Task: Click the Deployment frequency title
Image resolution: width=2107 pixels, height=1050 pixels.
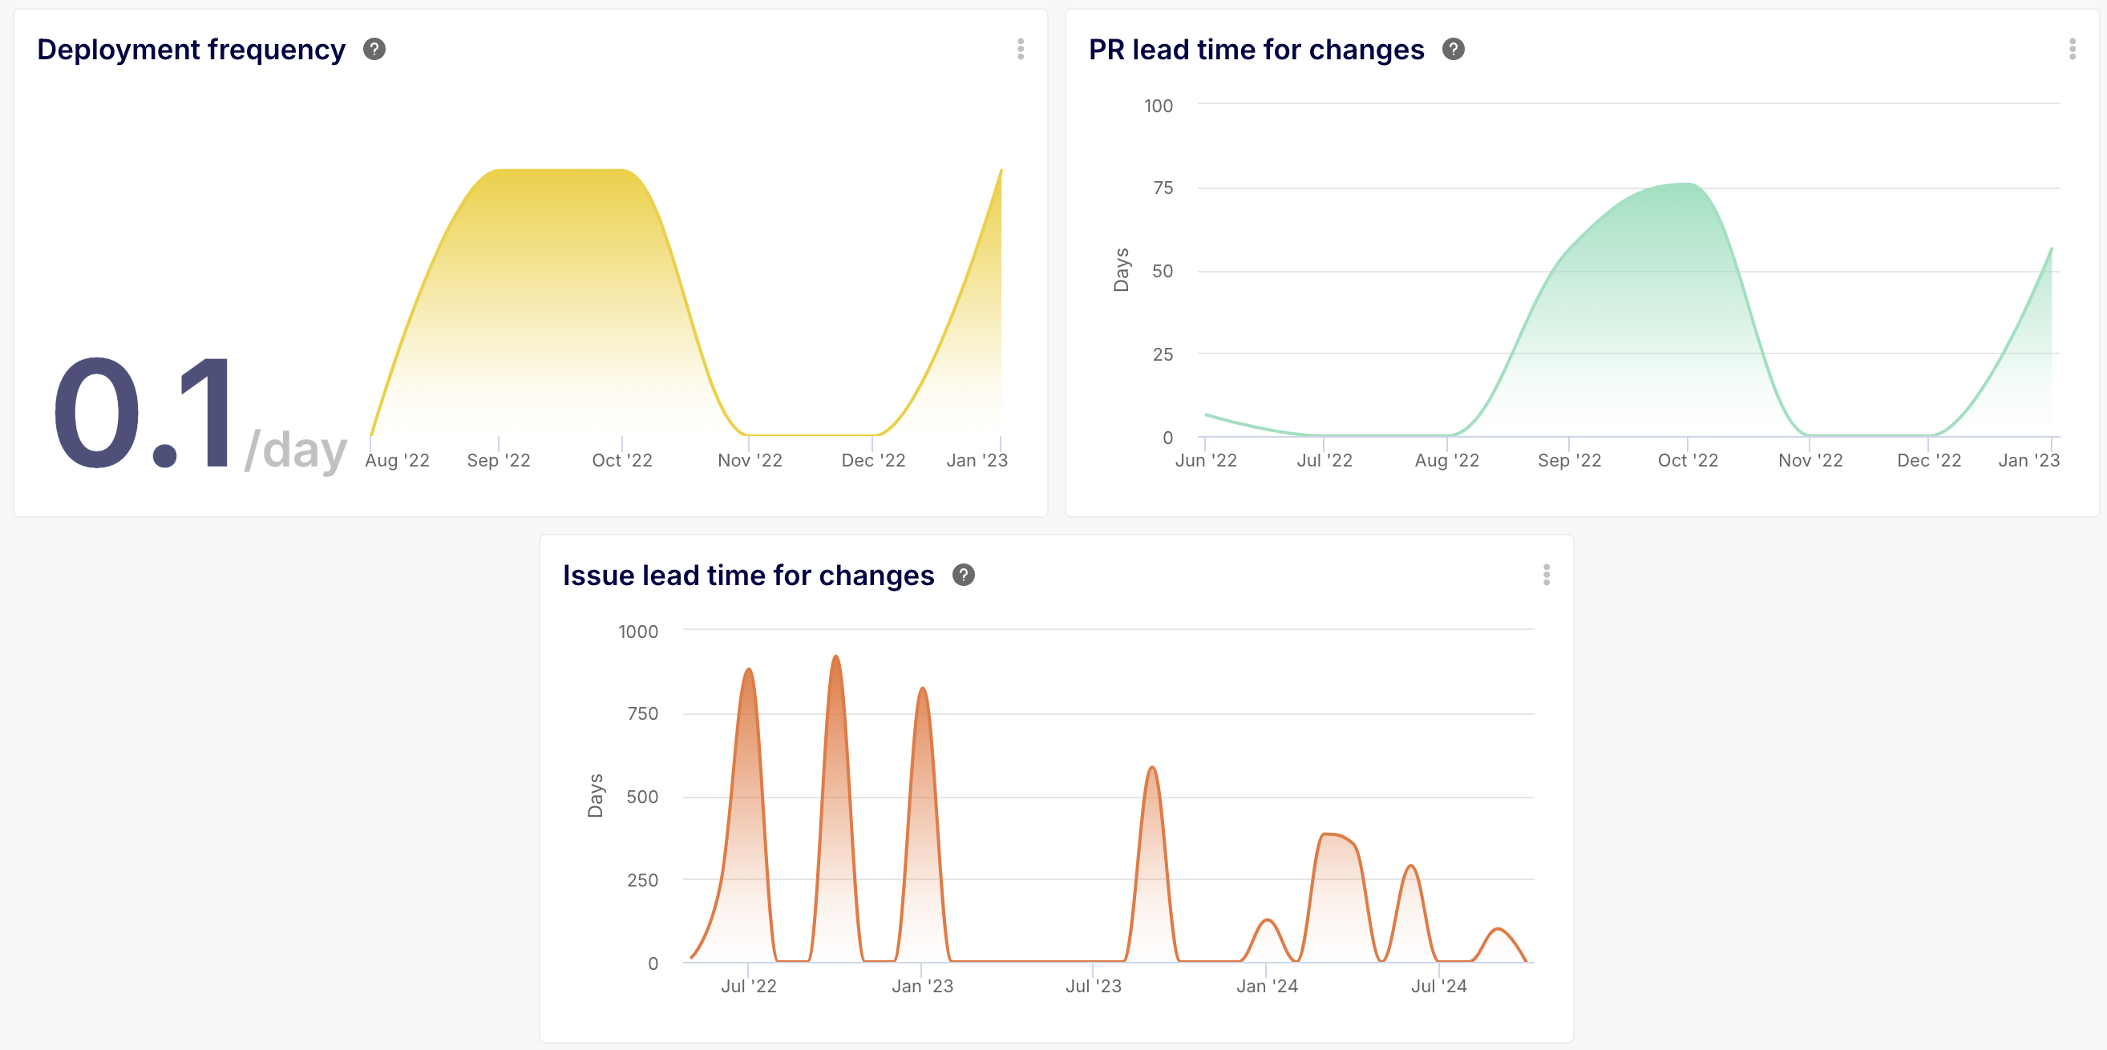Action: (x=191, y=50)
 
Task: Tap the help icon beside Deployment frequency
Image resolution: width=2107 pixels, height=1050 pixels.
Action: (x=374, y=50)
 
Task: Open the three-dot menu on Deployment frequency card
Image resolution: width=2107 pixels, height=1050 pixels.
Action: (x=1020, y=49)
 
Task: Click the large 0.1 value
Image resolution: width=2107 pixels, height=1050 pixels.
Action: (x=144, y=413)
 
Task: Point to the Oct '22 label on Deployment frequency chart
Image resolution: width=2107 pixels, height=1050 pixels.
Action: (x=621, y=460)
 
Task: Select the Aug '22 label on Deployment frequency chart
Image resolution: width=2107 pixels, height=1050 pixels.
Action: (x=397, y=460)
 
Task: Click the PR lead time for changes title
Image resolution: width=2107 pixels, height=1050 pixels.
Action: (x=1256, y=50)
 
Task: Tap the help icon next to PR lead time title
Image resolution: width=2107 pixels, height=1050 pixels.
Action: (x=1453, y=50)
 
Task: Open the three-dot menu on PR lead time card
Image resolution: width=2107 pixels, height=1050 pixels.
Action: (x=2072, y=49)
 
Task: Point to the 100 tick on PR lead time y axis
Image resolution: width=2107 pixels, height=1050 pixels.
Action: (x=1158, y=106)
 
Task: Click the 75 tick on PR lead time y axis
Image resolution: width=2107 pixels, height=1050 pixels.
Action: (x=1163, y=188)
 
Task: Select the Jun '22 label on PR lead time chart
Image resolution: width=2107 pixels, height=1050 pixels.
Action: (x=1206, y=460)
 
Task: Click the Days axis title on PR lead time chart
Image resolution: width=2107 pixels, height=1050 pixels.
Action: (x=1121, y=270)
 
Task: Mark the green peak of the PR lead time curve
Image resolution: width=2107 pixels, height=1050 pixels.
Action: (x=1687, y=184)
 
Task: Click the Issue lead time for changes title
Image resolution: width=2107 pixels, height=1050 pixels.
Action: (x=747, y=575)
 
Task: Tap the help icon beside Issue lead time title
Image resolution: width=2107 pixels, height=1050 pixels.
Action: (x=964, y=575)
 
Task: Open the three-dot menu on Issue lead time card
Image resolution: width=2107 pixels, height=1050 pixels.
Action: (x=1546, y=575)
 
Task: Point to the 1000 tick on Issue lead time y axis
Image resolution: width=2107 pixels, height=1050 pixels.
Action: (x=637, y=632)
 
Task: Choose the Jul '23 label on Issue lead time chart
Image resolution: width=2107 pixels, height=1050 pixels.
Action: (x=1093, y=986)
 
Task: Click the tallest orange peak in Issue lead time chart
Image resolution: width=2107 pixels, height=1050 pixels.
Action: (x=835, y=656)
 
